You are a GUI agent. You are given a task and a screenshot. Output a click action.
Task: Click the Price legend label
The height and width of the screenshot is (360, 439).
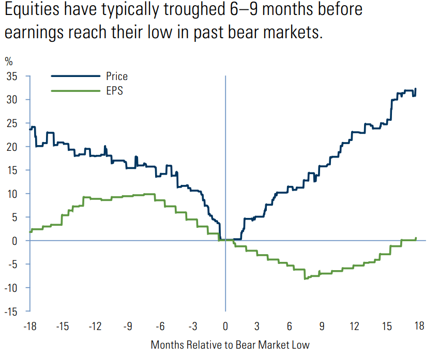[117, 76]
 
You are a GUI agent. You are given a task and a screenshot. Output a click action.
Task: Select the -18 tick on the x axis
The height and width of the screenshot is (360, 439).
[30, 326]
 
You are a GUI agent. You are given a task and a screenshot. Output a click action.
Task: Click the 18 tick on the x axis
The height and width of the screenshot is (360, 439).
[419, 326]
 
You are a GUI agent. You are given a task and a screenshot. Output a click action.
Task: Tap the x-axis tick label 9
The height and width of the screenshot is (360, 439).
[322, 326]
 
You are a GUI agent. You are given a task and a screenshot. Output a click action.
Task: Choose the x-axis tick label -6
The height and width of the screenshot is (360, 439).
[160, 326]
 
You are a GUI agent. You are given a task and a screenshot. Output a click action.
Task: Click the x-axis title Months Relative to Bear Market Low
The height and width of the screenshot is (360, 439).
[230, 345]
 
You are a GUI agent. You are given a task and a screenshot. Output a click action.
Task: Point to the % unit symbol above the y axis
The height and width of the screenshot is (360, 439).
[9, 61]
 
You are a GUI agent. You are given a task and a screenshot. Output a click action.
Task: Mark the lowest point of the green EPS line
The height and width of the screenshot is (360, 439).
[305, 279]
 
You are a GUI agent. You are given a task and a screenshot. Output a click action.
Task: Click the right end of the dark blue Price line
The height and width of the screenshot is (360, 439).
[416, 89]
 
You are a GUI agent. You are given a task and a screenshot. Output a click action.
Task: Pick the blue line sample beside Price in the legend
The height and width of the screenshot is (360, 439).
[75, 76]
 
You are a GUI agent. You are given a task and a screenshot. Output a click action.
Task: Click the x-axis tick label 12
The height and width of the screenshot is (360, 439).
[354, 326]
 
